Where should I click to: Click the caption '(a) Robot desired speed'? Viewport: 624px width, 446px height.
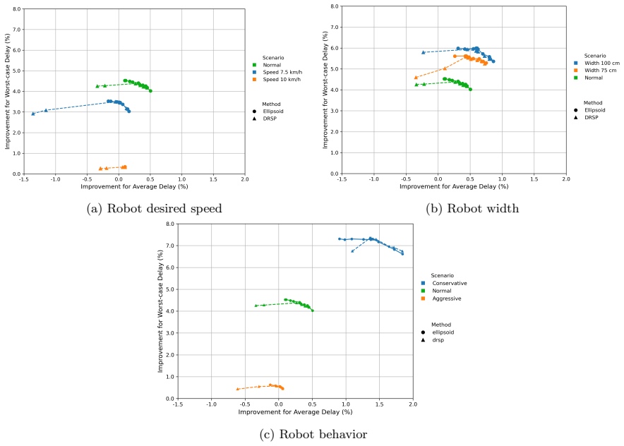(x=154, y=208)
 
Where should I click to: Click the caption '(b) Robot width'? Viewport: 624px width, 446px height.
(x=472, y=208)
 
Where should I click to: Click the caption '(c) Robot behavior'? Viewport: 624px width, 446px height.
(x=313, y=434)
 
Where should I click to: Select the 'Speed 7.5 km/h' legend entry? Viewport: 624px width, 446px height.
(x=277, y=72)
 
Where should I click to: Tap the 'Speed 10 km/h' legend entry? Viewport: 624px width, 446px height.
(x=277, y=79)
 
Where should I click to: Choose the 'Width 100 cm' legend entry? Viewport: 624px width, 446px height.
(x=596, y=63)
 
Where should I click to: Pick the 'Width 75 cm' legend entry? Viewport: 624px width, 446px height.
(x=595, y=70)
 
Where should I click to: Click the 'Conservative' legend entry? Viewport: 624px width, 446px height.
(x=444, y=283)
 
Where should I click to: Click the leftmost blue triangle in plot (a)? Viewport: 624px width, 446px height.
(x=33, y=114)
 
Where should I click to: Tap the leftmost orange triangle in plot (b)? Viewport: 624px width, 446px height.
(x=416, y=78)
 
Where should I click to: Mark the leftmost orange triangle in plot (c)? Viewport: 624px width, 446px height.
(x=238, y=389)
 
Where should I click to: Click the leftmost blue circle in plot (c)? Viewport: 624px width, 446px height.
(x=340, y=239)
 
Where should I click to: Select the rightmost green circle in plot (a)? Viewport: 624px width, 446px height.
(x=150, y=91)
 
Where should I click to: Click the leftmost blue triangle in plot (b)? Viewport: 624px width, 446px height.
(x=424, y=52)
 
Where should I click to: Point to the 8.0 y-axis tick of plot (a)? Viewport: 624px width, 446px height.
(x=17, y=8)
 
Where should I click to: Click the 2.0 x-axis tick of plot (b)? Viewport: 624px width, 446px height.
(x=566, y=179)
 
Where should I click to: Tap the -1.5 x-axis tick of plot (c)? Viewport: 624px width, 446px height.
(x=177, y=404)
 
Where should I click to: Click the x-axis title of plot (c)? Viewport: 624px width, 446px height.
(x=295, y=412)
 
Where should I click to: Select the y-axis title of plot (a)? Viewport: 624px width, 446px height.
(x=7, y=91)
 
